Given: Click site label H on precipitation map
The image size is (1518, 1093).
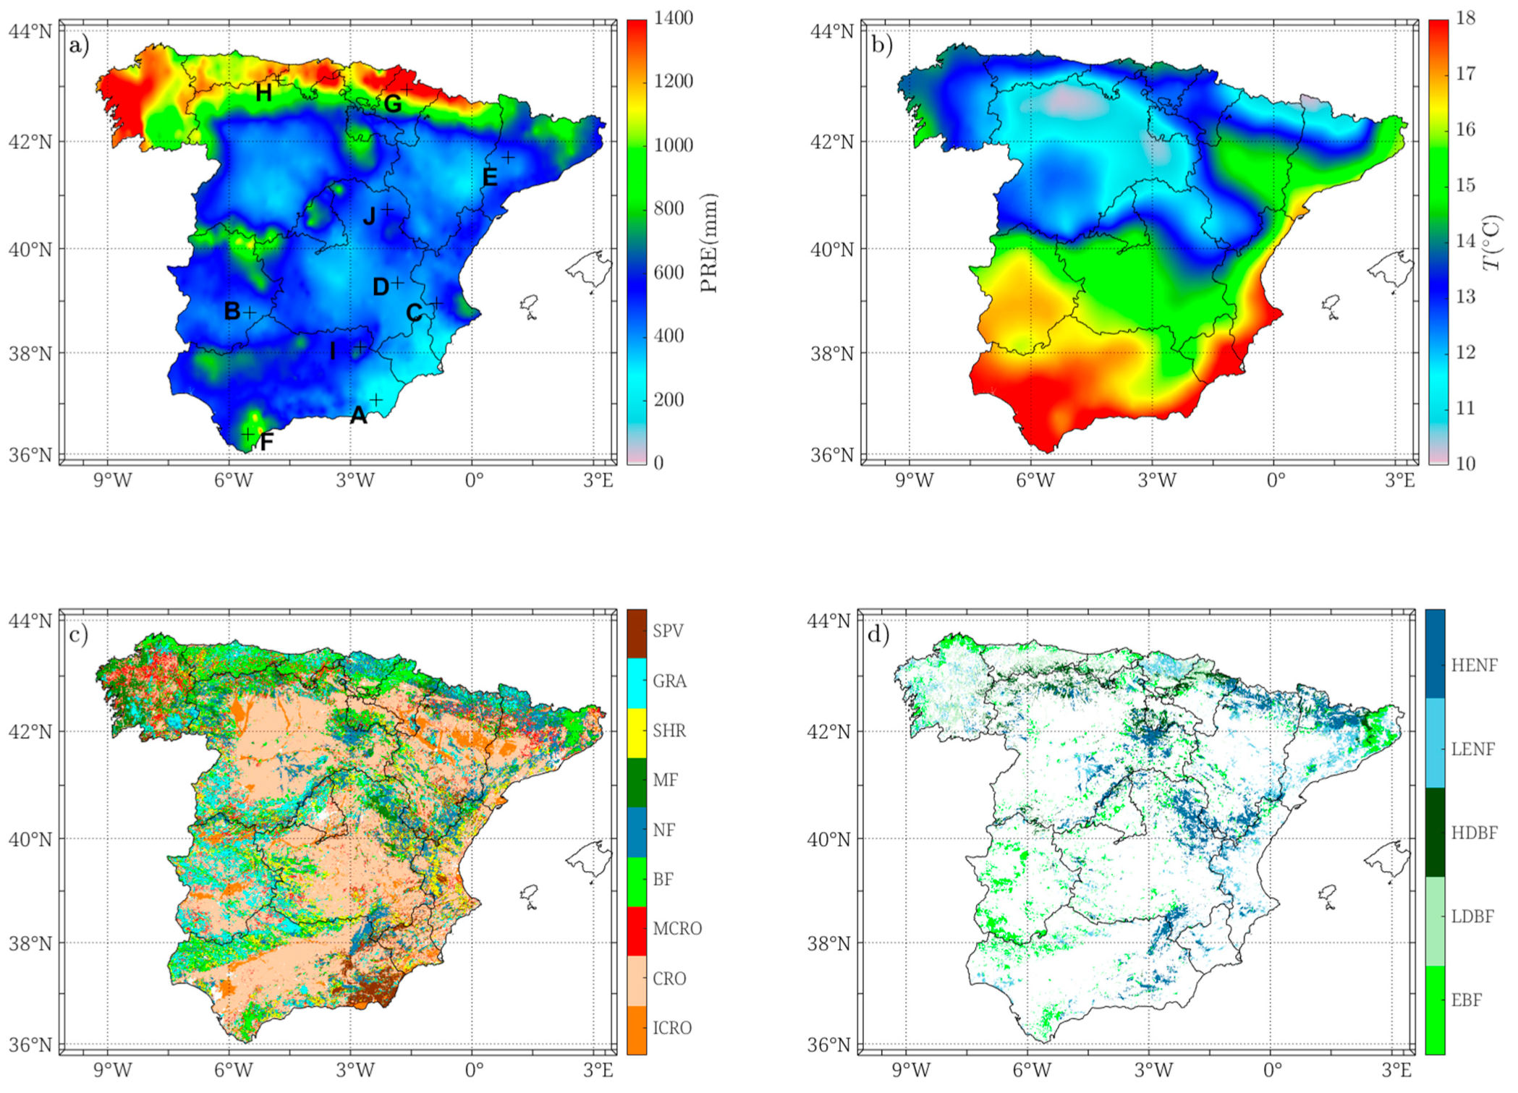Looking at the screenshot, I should pyautogui.click(x=263, y=93).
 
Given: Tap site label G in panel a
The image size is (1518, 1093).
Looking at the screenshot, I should pyautogui.click(x=392, y=104).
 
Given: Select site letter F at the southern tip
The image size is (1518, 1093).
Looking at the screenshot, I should pyautogui.click(x=266, y=441).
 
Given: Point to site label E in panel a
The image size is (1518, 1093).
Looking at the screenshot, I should pyautogui.click(x=490, y=177).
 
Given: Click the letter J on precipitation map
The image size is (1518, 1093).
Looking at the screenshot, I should pyautogui.click(x=370, y=216).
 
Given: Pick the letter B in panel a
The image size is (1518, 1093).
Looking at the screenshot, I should pyautogui.click(x=232, y=311).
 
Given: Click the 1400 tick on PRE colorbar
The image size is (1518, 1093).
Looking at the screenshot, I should pyautogui.click(x=673, y=18).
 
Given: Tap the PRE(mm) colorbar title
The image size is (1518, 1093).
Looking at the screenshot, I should pyautogui.click(x=710, y=242).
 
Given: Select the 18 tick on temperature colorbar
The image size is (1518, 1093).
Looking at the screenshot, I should pyautogui.click(x=1465, y=18).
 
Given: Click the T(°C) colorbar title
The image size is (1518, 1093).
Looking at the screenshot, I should pyautogui.click(x=1492, y=242).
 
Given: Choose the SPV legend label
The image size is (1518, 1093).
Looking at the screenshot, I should pyautogui.click(x=667, y=631).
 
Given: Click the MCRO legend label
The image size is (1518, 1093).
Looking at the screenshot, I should pyautogui.click(x=677, y=928).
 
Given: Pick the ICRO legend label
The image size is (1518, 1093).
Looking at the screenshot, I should pyautogui.click(x=671, y=1028).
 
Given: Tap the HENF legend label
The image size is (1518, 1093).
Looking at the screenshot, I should pyautogui.click(x=1474, y=665).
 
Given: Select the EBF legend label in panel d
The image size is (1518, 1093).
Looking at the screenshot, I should pyautogui.click(x=1466, y=1000).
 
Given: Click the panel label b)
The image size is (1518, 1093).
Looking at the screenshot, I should pyautogui.click(x=882, y=45).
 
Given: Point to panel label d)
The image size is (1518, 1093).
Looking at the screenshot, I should pyautogui.click(x=878, y=634).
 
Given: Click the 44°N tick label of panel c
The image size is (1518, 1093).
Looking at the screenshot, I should pyautogui.click(x=30, y=621).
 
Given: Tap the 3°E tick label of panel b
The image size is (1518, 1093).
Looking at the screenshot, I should pyautogui.click(x=1400, y=480).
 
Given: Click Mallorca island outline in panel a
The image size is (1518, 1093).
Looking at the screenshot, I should pyautogui.click(x=590, y=270).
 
